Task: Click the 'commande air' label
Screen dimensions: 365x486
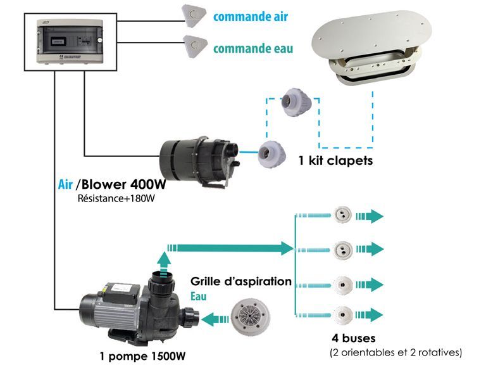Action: pos(250,16)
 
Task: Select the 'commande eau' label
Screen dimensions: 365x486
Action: pos(252,48)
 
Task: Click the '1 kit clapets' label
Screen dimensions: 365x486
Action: pos(335,161)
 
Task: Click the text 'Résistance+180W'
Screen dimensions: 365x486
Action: pos(115,199)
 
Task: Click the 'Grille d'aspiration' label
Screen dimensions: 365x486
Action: pos(240,281)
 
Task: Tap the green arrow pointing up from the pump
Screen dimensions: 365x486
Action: pos(164,259)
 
